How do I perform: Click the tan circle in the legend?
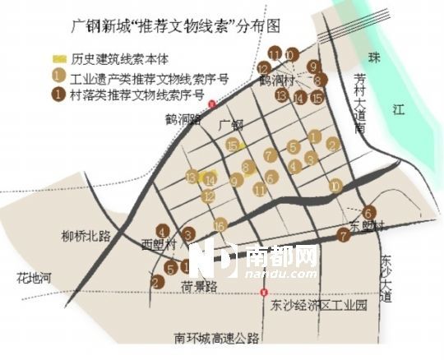coord(58,77)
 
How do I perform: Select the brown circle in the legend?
coord(58,94)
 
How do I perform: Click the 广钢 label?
coord(233,124)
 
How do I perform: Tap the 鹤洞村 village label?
coord(277,81)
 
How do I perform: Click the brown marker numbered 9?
coord(312,67)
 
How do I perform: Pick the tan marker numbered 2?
coord(331,145)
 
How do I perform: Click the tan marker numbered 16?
coord(220,225)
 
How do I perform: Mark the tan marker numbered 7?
coord(270,155)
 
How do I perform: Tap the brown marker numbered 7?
coord(343,235)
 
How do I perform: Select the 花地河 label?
coord(33,277)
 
